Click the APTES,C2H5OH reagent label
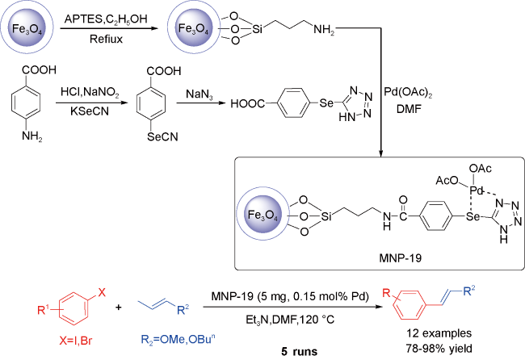pyautogui.click(x=106, y=19)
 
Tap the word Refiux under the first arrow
pyautogui.click(x=106, y=39)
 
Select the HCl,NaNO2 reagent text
pyautogui.click(x=90, y=92)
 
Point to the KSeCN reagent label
pyautogui.click(x=90, y=111)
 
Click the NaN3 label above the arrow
pyautogui.click(x=199, y=94)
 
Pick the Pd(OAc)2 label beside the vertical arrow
pyautogui.click(x=408, y=93)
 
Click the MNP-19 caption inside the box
pyautogui.click(x=400, y=258)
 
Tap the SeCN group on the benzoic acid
pyautogui.click(x=162, y=136)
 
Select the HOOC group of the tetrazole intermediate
pyautogui.click(x=247, y=104)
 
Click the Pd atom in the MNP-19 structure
pyautogui.click(x=476, y=190)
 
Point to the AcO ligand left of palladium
pyautogui.click(x=447, y=181)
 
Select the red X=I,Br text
pyautogui.click(x=76, y=341)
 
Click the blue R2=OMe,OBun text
pyautogui.click(x=178, y=340)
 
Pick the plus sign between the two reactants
pyautogui.click(x=118, y=307)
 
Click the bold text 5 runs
pyautogui.click(x=299, y=352)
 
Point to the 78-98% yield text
pyautogui.click(x=439, y=349)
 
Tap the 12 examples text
pyautogui.click(x=439, y=333)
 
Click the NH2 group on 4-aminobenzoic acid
pyautogui.click(x=32, y=136)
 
